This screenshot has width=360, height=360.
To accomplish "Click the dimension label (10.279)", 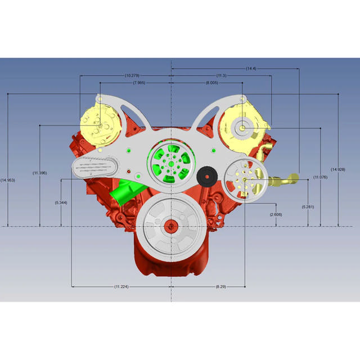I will click(132, 75).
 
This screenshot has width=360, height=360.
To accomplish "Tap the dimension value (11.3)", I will click(222, 75).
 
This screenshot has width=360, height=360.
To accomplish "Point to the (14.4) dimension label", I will click(251, 68).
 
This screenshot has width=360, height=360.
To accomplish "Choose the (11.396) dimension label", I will click(39, 173).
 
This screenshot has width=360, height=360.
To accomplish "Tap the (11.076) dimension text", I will click(320, 177).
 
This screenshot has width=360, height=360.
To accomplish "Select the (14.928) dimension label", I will click(338, 169).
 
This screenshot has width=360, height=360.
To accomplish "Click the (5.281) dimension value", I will click(308, 206).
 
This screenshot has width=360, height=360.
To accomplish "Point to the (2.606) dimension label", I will click(276, 214).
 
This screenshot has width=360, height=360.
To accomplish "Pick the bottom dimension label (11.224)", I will click(121, 287).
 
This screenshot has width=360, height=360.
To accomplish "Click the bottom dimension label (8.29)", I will click(221, 287).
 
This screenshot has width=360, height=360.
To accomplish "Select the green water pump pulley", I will click(169, 163).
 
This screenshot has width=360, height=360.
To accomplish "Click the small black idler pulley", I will click(208, 177).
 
